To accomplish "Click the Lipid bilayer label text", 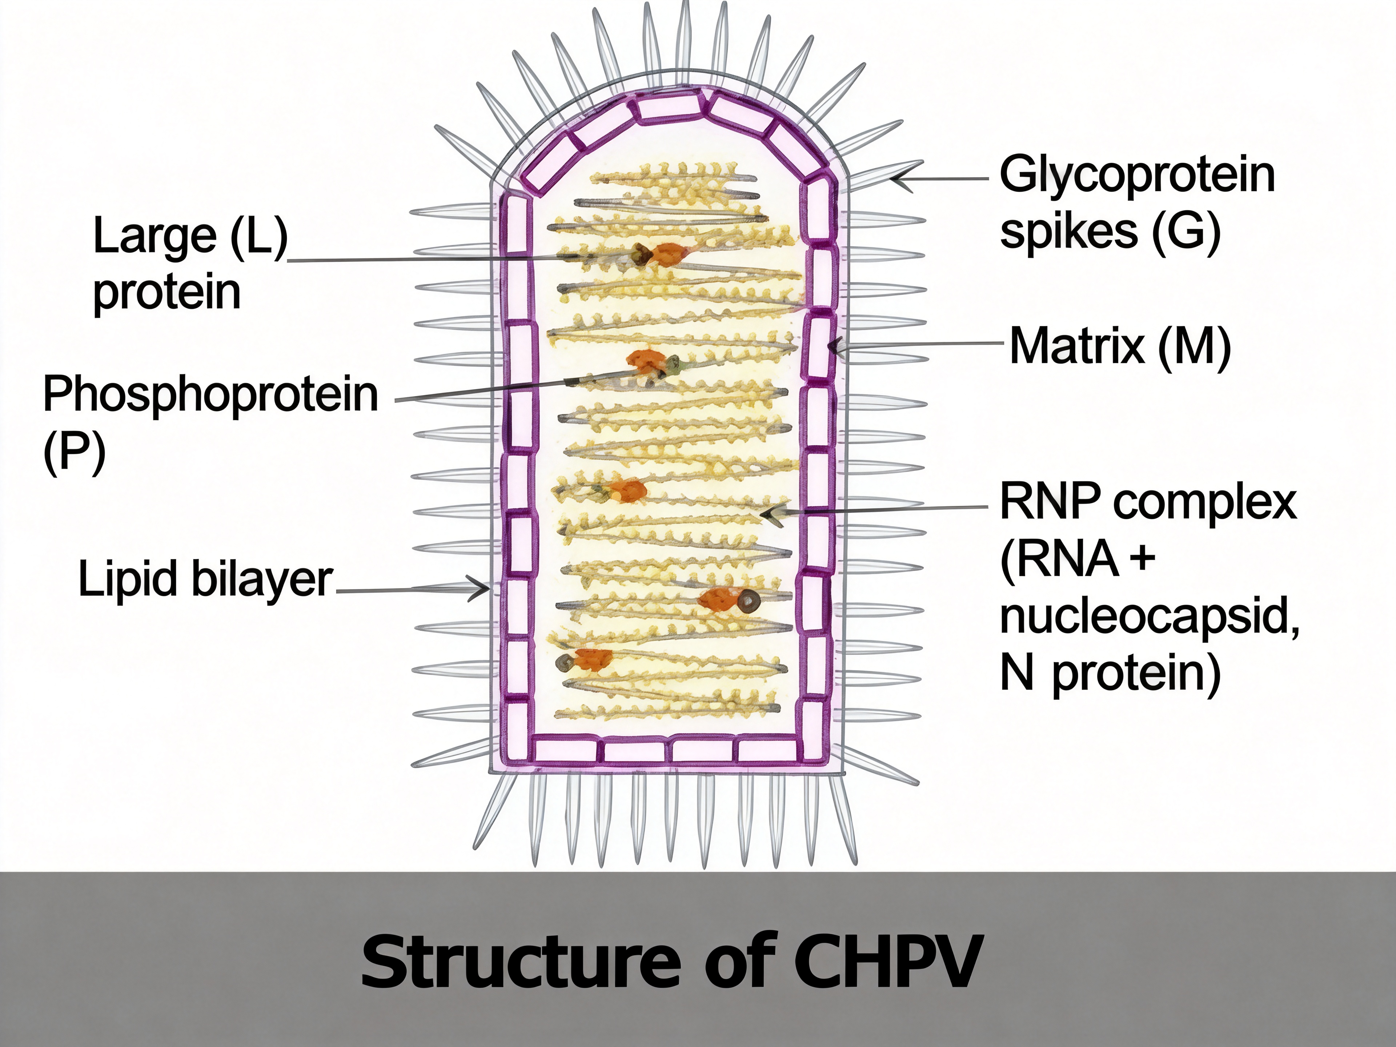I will point(205,579).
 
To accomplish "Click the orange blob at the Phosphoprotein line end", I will point(645,361).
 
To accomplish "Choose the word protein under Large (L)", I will point(167,292).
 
